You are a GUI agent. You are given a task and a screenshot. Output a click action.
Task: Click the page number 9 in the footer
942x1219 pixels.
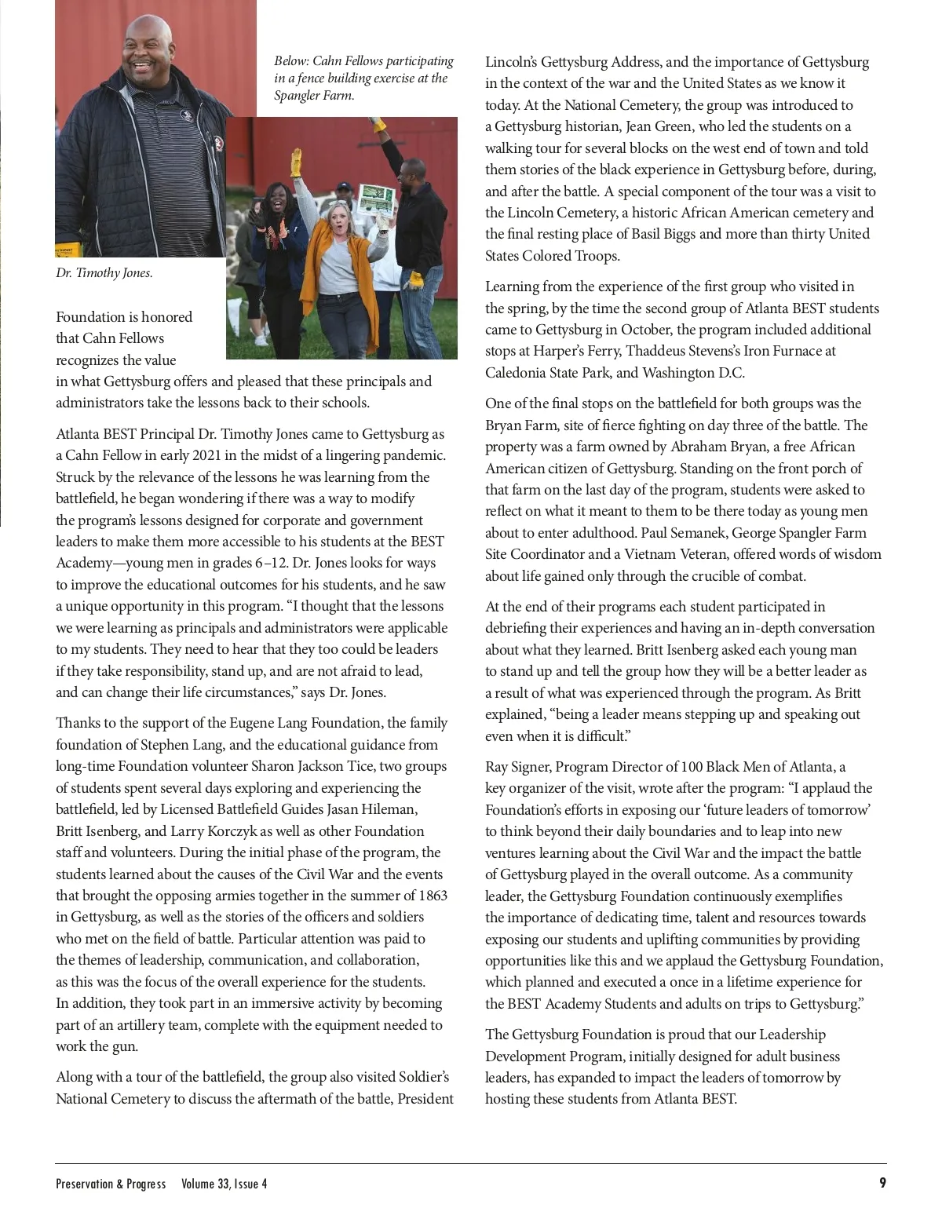pyautogui.click(x=882, y=1183)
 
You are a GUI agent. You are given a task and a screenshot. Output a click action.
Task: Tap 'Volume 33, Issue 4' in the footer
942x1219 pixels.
pyautogui.click(x=224, y=1184)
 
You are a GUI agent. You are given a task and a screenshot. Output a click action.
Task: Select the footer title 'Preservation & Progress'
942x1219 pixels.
pyautogui.click(x=111, y=1184)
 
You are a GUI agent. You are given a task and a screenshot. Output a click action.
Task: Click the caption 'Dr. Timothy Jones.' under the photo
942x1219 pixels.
pyautogui.click(x=104, y=273)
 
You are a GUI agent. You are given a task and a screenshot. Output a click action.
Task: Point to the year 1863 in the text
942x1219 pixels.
pyautogui.click(x=430, y=896)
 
